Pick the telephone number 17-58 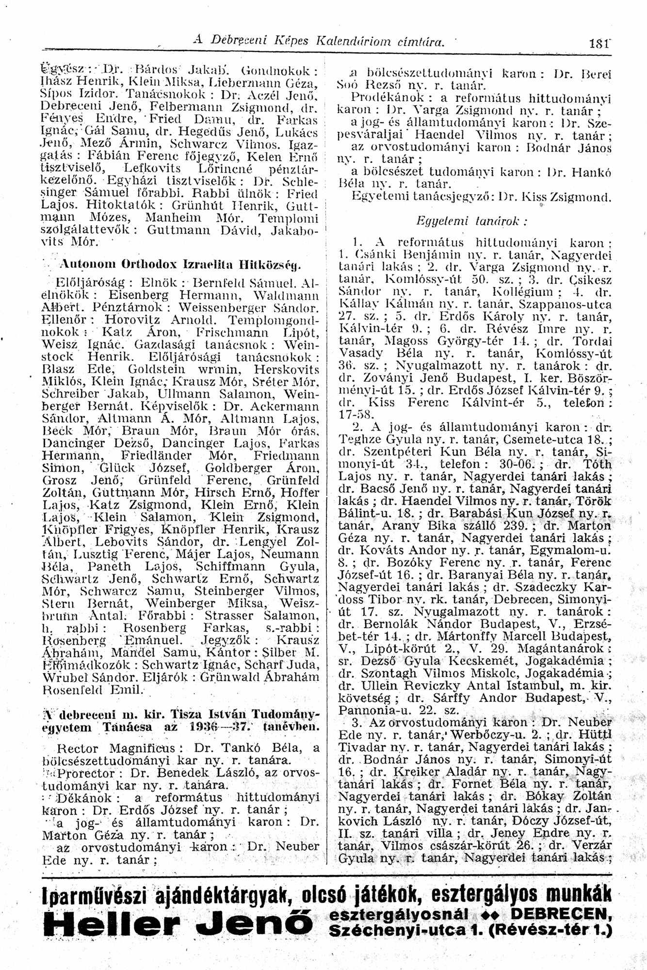coord(355,415)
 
